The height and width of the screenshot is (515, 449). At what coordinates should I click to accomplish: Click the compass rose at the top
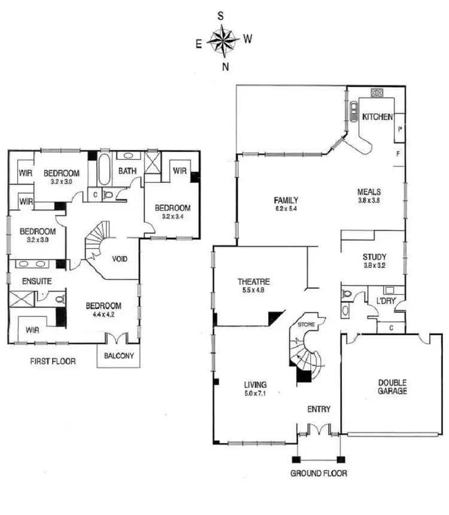point(223,41)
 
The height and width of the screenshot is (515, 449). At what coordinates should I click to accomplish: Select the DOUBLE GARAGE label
point(392,387)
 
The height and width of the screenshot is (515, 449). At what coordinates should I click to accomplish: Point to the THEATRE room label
point(254,282)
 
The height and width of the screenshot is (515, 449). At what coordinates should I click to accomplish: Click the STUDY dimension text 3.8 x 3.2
point(374,266)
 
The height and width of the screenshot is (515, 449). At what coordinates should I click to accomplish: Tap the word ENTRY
point(318,409)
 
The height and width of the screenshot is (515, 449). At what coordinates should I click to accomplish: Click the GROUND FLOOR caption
point(318,473)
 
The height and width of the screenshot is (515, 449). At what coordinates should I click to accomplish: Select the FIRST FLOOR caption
point(53,362)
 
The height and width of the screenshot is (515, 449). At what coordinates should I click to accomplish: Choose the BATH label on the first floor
point(127,171)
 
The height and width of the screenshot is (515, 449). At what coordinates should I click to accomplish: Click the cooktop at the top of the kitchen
point(377,93)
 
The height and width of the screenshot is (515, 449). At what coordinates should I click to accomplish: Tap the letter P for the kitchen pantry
point(399,129)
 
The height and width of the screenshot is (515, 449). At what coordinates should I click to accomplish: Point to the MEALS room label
point(369,191)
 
